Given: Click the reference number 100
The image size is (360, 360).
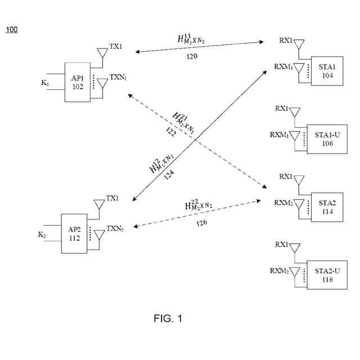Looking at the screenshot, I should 12,29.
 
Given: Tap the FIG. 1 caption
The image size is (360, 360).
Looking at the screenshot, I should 168,319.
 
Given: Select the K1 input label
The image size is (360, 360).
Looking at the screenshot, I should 46,83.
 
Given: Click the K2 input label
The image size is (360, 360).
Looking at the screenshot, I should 42,234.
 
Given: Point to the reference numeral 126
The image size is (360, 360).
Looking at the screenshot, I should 201,223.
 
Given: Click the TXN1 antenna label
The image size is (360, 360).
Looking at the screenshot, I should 118,77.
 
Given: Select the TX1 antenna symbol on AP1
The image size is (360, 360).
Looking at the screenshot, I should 102,54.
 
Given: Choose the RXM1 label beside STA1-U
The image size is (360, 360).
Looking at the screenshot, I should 279,134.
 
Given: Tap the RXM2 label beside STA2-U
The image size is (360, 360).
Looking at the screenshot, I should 279,271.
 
